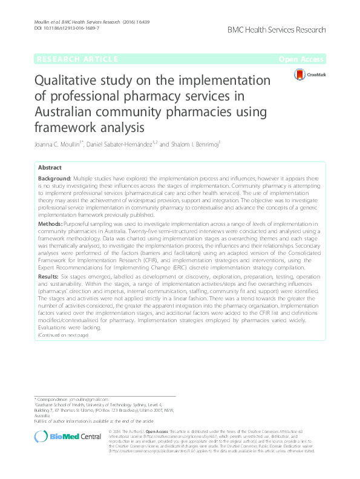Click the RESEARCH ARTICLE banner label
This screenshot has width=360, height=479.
[77, 59]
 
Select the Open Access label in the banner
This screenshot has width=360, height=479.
[302, 59]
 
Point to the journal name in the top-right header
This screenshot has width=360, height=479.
[278, 30]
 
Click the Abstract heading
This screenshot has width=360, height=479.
[50, 168]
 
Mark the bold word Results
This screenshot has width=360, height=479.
[48, 276]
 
